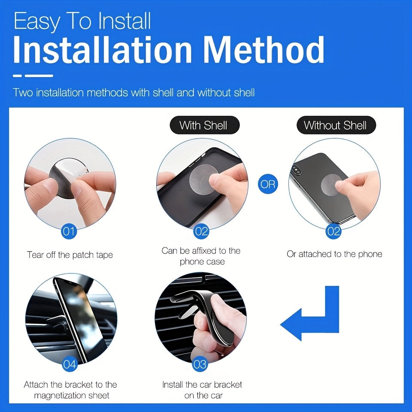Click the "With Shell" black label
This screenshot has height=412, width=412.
point(203,126)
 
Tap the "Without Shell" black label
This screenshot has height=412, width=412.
point(335,126)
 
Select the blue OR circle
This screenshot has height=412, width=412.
point(268,184)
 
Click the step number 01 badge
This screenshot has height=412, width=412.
point(69,232)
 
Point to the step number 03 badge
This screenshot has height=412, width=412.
point(200,365)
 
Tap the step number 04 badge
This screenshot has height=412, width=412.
point(70,365)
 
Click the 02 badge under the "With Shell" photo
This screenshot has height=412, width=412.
point(201,232)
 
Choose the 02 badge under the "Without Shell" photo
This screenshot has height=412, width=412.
point(333,232)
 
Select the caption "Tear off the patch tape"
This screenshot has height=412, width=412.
point(70,255)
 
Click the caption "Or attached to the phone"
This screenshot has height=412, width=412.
point(334,254)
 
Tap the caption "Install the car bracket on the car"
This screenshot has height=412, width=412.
point(202,390)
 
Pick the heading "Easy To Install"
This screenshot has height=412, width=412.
point(82,22)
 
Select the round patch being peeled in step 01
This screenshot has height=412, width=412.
point(64,182)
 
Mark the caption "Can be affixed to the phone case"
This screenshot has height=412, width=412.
point(201,256)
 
